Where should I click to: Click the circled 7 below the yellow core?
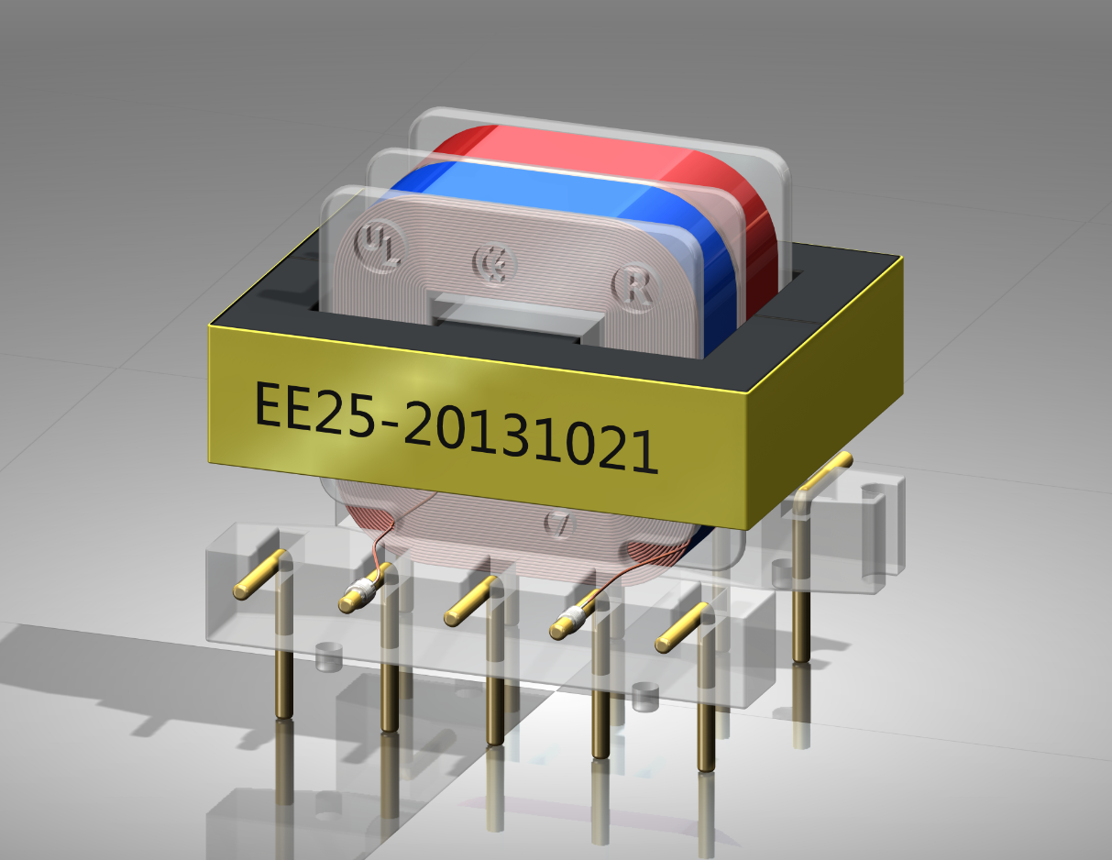click(x=558, y=524)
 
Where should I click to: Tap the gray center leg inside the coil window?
click(x=513, y=316)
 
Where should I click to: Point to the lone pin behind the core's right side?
click(x=801, y=587)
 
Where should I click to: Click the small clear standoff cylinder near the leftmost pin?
click(x=327, y=656)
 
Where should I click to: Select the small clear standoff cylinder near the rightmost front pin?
click(x=646, y=698)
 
